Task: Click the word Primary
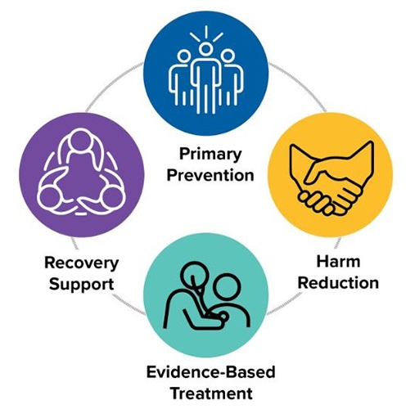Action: pyautogui.click(x=210, y=155)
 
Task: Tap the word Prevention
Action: pyautogui.click(x=210, y=175)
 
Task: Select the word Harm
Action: pyautogui.click(x=338, y=262)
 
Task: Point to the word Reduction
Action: pyautogui.click(x=338, y=283)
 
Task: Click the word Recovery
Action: pyautogui.click(x=81, y=263)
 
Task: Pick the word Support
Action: pyautogui.click(x=81, y=285)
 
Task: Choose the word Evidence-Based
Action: pyautogui.click(x=210, y=372)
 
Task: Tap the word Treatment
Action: pyautogui.click(x=211, y=393)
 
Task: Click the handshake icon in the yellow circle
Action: pyautogui.click(x=331, y=178)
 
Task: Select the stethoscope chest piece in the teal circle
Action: pyautogui.click(x=224, y=317)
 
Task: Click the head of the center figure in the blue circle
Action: pyautogui.click(x=205, y=48)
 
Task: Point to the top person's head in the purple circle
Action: pyautogui.click(x=80, y=141)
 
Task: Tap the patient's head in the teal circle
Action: pyautogui.click(x=227, y=288)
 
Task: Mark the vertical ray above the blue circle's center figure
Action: pyautogui.click(x=206, y=32)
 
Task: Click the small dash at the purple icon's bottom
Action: pyautogui.click(x=79, y=214)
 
